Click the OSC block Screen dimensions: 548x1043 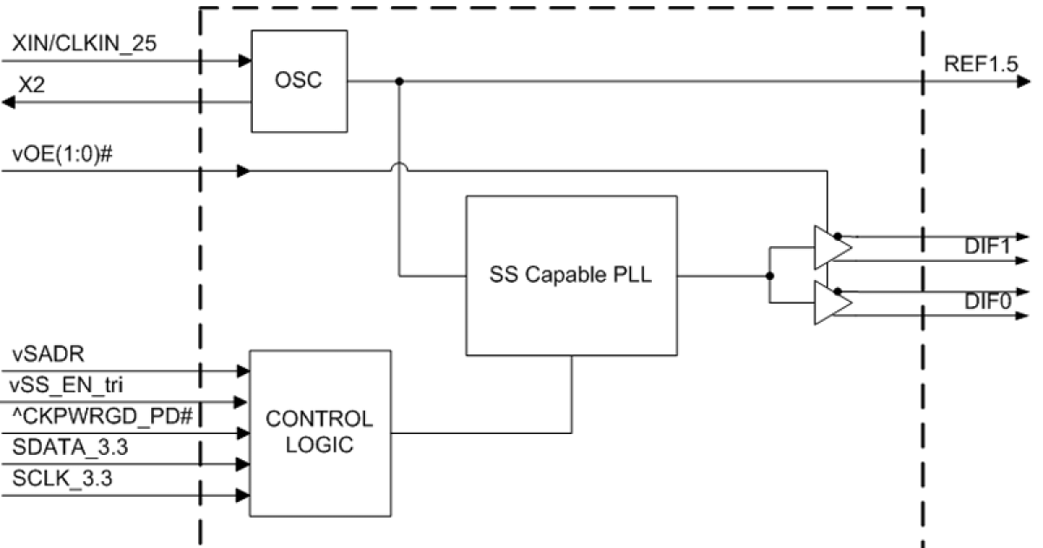point(298,80)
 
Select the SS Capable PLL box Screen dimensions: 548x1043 point(571,276)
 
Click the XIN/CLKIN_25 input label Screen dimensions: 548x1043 point(85,43)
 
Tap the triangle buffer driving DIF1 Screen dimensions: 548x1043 point(830,247)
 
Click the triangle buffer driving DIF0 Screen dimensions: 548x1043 point(830,304)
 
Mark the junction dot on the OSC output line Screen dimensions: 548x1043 point(399,83)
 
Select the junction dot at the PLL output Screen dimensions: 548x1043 point(769,276)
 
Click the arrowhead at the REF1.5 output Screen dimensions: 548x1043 point(1023,83)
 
